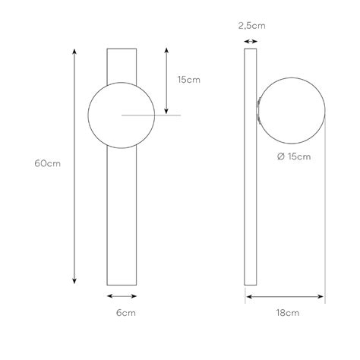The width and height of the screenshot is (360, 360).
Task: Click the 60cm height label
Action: tap(47, 163)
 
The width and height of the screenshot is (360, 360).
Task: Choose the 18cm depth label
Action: tap(286, 312)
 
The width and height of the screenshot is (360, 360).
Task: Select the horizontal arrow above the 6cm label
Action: tap(122, 296)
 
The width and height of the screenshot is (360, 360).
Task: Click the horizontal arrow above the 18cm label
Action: tap(285, 296)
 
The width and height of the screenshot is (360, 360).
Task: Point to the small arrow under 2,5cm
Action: tap(248, 36)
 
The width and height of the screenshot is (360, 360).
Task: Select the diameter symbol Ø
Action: tap(282, 156)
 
